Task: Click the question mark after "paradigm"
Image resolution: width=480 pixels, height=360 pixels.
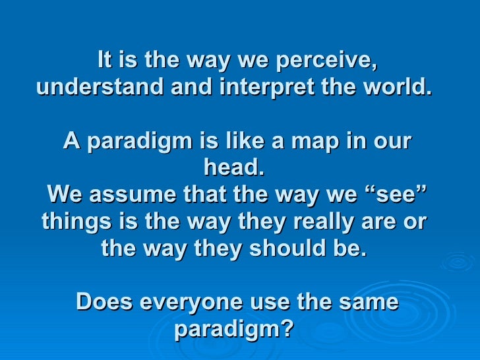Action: pos(285,329)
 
